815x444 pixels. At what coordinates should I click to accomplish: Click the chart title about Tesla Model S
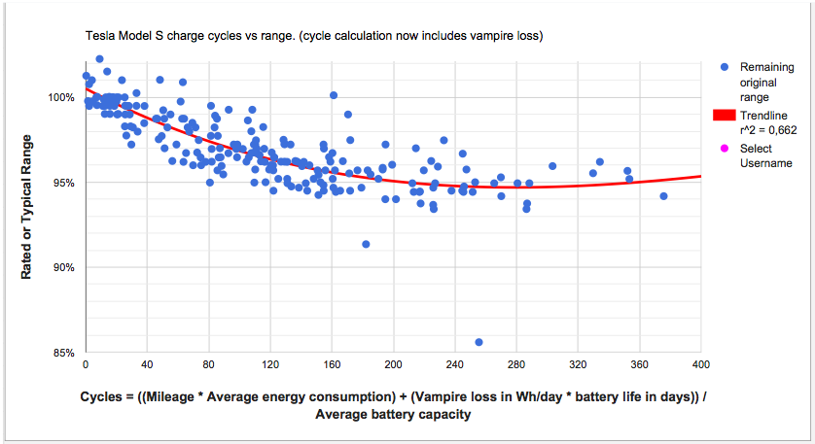313,36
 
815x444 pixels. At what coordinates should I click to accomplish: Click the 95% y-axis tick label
63,183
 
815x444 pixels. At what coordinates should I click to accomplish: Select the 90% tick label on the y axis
63,267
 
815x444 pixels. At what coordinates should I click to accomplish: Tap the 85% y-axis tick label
63,353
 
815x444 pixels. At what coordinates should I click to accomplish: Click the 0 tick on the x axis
86,365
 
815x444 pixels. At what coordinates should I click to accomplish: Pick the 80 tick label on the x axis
209,365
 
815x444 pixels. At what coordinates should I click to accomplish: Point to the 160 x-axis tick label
332,365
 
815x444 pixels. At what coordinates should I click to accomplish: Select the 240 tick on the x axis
454,365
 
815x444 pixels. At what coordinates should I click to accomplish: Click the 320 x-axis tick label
578,365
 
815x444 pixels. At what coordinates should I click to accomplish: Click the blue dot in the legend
724,67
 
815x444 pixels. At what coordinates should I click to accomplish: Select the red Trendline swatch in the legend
725,115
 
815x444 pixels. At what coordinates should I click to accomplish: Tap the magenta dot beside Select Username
724,149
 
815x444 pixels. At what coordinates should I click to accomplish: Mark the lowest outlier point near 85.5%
479,342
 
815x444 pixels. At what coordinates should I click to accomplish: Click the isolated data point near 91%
366,244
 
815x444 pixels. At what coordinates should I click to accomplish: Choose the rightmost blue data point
663,196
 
